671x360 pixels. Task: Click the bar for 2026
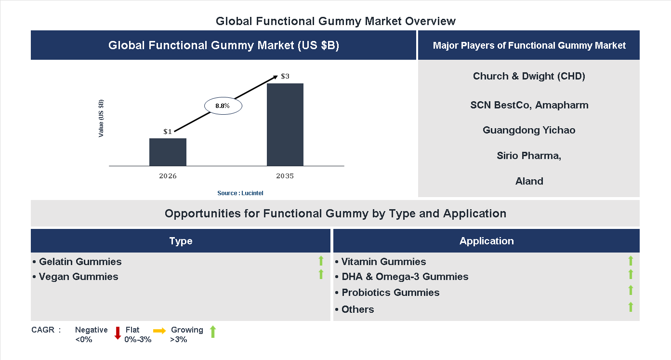(x=168, y=152)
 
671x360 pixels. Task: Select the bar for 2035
(x=285, y=125)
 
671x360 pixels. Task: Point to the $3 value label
(x=285, y=76)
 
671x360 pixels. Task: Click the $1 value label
(x=168, y=132)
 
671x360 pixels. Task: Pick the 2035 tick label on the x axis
(x=285, y=176)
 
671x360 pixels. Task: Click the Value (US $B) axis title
(x=101, y=119)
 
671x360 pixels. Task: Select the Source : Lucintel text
(x=240, y=193)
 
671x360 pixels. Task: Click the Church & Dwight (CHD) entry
(x=529, y=76)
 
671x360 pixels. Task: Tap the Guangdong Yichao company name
(x=529, y=130)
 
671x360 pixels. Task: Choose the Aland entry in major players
(x=529, y=181)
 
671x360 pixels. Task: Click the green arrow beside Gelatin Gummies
(x=321, y=261)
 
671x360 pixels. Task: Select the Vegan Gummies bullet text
(x=78, y=277)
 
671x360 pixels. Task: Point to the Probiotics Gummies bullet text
(x=390, y=293)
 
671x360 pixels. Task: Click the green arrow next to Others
(x=631, y=307)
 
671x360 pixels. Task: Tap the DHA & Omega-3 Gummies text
(x=405, y=277)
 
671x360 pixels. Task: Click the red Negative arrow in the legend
(x=117, y=333)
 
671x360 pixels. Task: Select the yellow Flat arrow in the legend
(x=159, y=331)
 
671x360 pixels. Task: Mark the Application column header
(x=487, y=241)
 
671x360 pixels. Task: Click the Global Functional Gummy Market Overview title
(x=336, y=21)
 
